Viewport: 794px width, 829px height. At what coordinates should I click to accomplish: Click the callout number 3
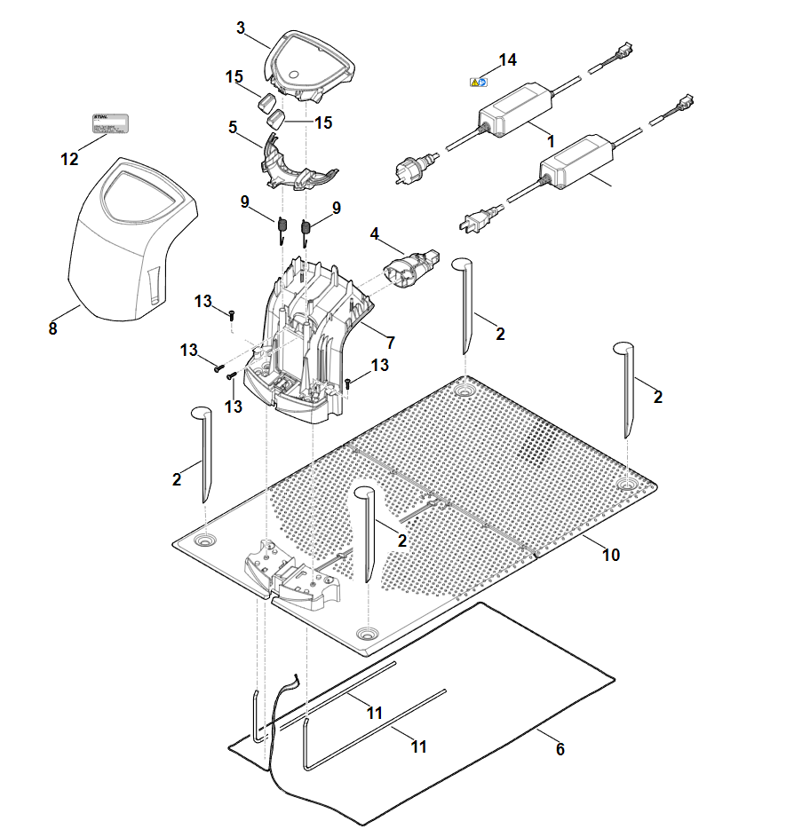(241, 28)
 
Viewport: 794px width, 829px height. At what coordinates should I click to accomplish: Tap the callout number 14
(507, 60)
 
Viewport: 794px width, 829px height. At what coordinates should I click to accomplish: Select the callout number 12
(69, 160)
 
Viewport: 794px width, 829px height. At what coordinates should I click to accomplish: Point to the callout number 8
(52, 328)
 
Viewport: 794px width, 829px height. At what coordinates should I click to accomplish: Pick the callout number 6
(560, 749)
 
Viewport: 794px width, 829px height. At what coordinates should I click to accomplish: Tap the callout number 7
(390, 342)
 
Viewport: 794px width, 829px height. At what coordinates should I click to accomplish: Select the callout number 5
(233, 127)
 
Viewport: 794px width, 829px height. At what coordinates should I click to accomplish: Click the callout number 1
(551, 140)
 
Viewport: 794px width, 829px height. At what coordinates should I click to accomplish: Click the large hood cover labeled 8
(133, 240)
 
